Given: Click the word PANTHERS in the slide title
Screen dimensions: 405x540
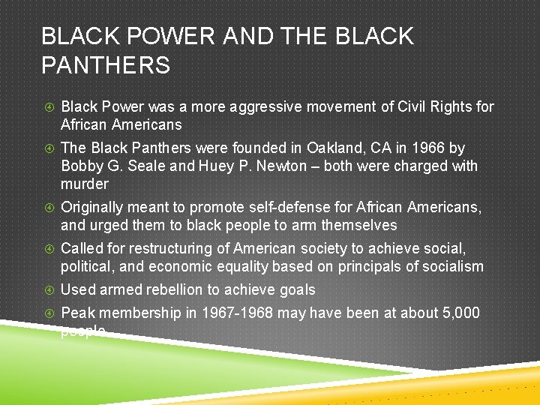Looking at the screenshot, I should click(106, 66).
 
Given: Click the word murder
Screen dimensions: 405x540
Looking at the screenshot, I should click(85, 184).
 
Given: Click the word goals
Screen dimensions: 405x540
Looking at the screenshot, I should click(297, 289).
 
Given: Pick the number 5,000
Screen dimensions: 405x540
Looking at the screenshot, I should click(460, 313).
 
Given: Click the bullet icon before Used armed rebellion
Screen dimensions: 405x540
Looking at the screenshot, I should click(46, 290).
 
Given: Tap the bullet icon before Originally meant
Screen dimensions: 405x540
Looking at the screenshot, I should click(46, 208).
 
